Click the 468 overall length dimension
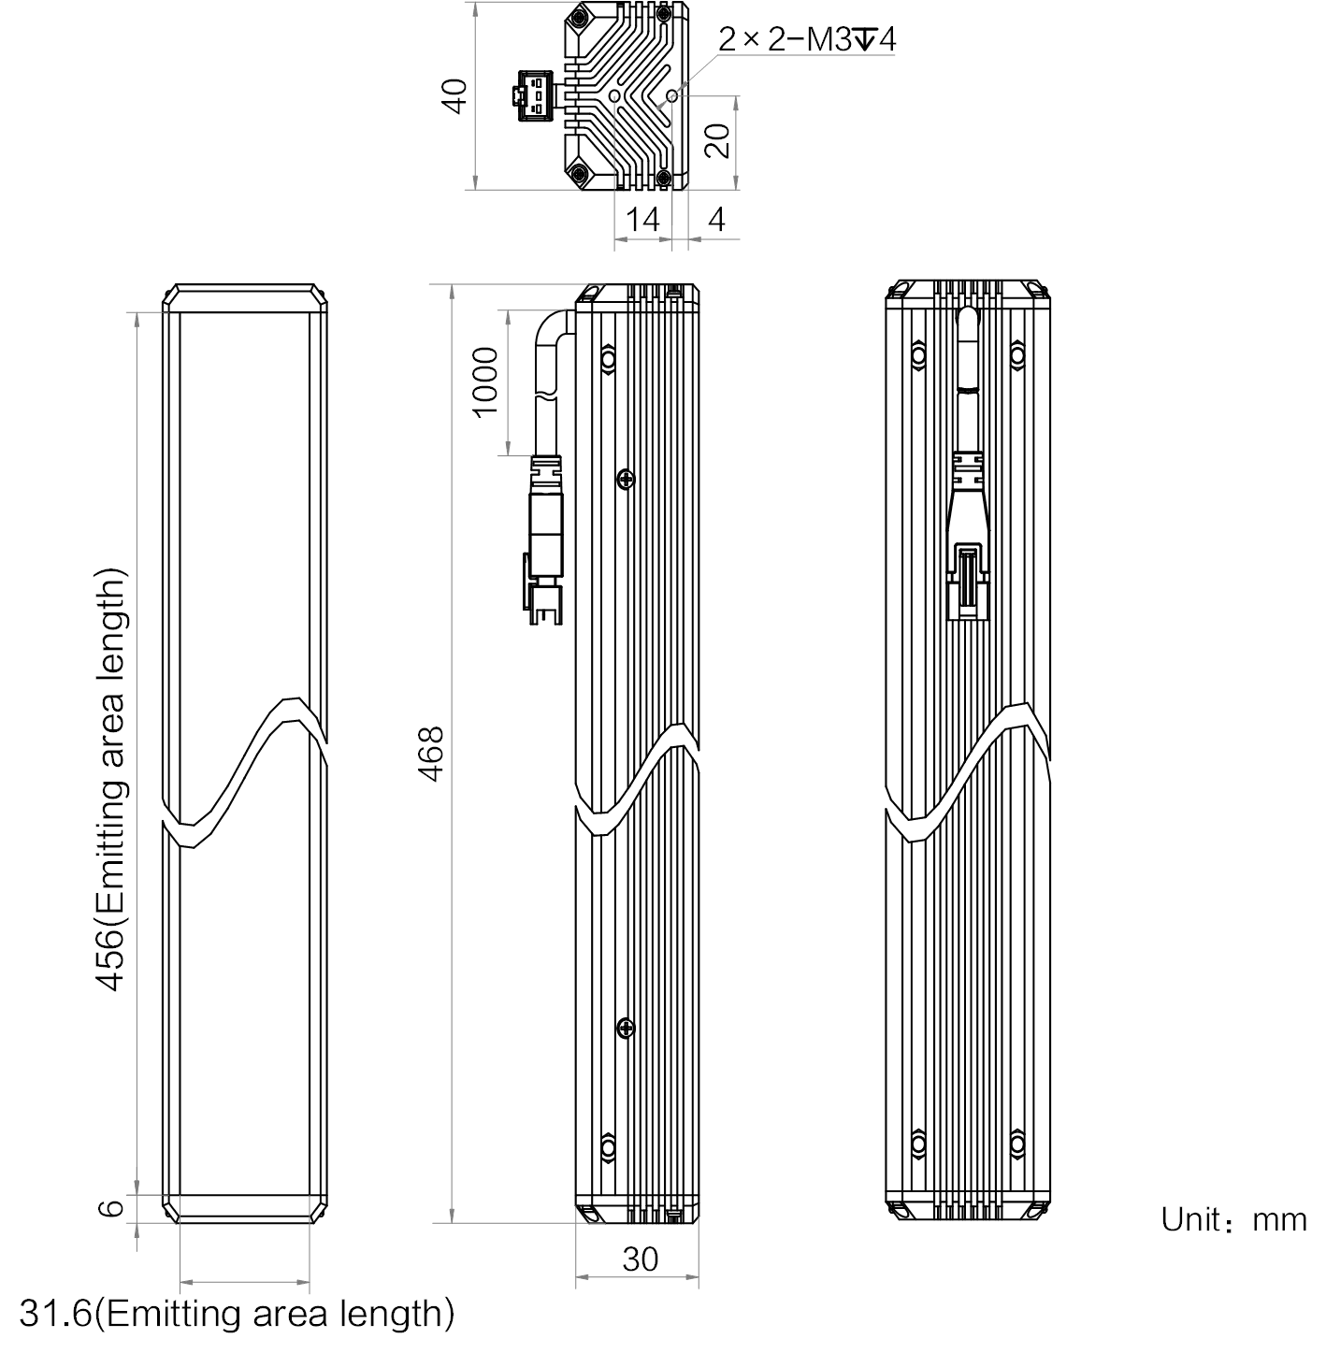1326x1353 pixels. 430,754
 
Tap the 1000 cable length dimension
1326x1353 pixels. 484,382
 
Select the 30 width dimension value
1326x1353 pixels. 640,1259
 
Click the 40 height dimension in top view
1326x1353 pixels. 454,96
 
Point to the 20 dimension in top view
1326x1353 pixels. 717,140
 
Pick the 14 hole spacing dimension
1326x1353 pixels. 641,220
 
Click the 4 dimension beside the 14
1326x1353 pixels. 716,220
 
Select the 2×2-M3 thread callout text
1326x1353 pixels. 806,39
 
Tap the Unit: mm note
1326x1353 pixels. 1233,1220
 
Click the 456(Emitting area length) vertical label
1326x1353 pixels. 111,780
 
